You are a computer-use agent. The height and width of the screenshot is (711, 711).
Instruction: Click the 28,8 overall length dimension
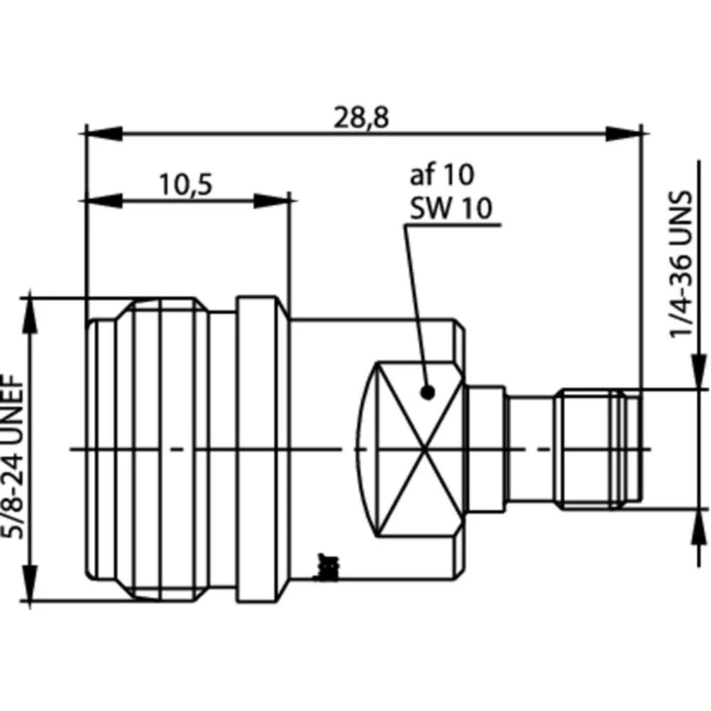click(362, 117)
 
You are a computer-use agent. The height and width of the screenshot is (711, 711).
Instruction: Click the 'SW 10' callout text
click(450, 209)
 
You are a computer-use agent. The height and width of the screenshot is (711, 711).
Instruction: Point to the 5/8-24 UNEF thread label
click(16, 449)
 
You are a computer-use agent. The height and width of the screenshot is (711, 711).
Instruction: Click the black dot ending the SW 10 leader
click(427, 392)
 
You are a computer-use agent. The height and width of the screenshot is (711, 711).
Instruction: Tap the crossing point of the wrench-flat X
click(424, 449)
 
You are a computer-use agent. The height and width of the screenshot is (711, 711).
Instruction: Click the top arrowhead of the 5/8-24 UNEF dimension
click(31, 316)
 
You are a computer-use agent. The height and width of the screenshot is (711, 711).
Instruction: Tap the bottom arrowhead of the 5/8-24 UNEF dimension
click(31, 583)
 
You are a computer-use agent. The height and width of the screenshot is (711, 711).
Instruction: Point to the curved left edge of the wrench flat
click(364, 449)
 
